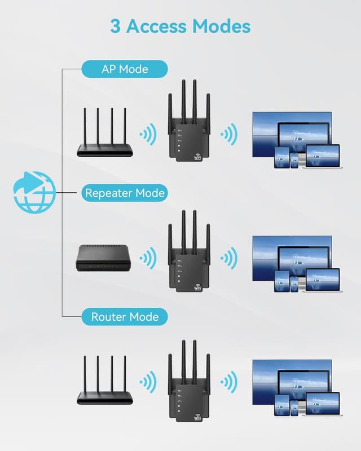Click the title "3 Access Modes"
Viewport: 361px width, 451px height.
tap(180, 26)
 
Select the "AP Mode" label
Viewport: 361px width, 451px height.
tap(125, 69)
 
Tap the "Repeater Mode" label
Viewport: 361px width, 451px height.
tap(125, 193)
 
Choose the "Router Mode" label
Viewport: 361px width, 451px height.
tap(125, 317)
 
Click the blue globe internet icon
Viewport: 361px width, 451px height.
tap(34, 192)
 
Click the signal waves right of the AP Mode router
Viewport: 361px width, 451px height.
tap(148, 135)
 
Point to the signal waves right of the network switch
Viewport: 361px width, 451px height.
tap(148, 259)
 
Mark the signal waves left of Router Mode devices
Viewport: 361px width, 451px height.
tap(228, 383)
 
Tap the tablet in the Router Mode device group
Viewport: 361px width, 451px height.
tap(281, 405)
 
